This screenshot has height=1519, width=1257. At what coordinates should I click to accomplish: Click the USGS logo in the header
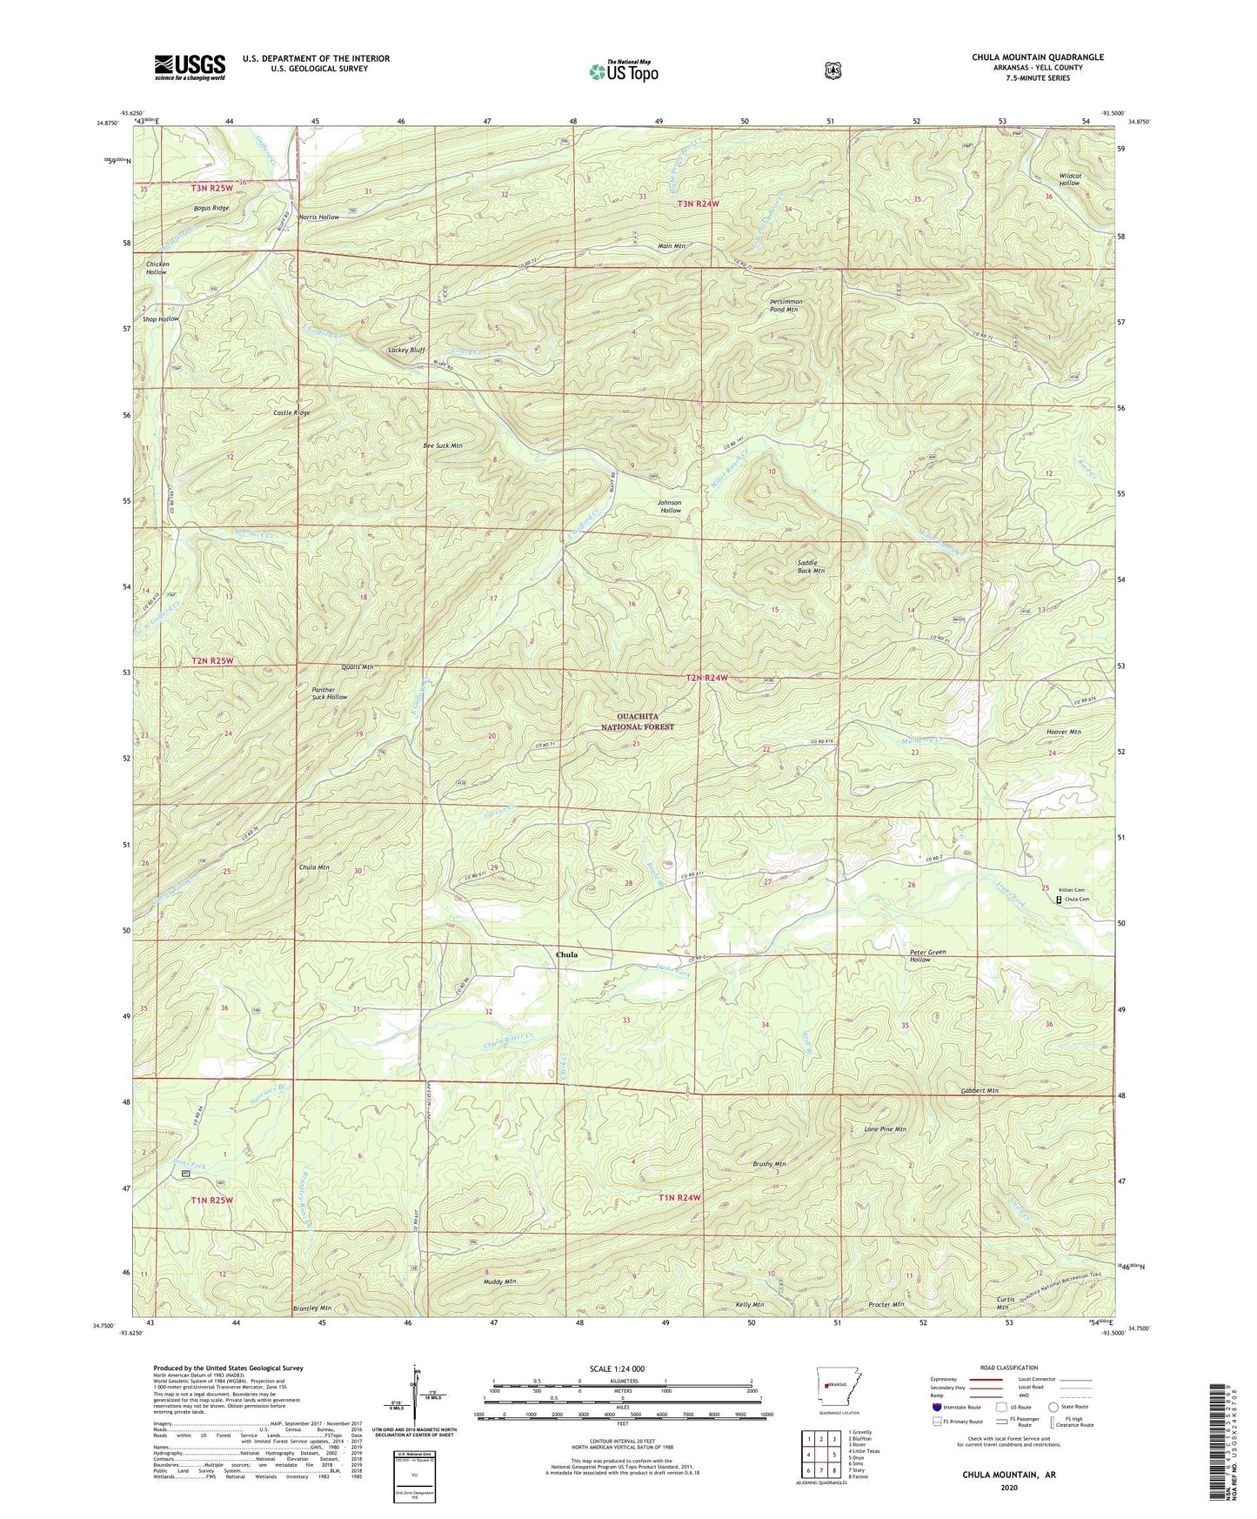[190, 66]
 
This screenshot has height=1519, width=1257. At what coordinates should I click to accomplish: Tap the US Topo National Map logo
[623, 71]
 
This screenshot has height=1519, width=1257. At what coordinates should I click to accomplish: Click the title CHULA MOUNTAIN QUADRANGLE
[1038, 57]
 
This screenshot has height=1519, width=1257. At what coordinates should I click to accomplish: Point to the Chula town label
[566, 954]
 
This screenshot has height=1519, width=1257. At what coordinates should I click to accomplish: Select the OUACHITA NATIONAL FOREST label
[638, 721]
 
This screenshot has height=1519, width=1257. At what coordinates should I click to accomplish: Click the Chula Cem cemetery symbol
[1059, 900]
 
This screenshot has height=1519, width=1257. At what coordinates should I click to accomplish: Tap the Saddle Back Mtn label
[811, 566]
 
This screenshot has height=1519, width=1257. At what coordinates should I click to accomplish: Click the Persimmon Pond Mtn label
[786, 305]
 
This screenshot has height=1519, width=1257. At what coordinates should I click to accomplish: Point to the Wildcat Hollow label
[1069, 179]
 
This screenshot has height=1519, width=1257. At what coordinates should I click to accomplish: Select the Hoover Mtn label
[1063, 733]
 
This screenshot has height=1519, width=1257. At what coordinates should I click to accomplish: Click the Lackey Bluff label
[406, 350]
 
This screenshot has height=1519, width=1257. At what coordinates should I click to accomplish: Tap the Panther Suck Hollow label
[330, 693]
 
